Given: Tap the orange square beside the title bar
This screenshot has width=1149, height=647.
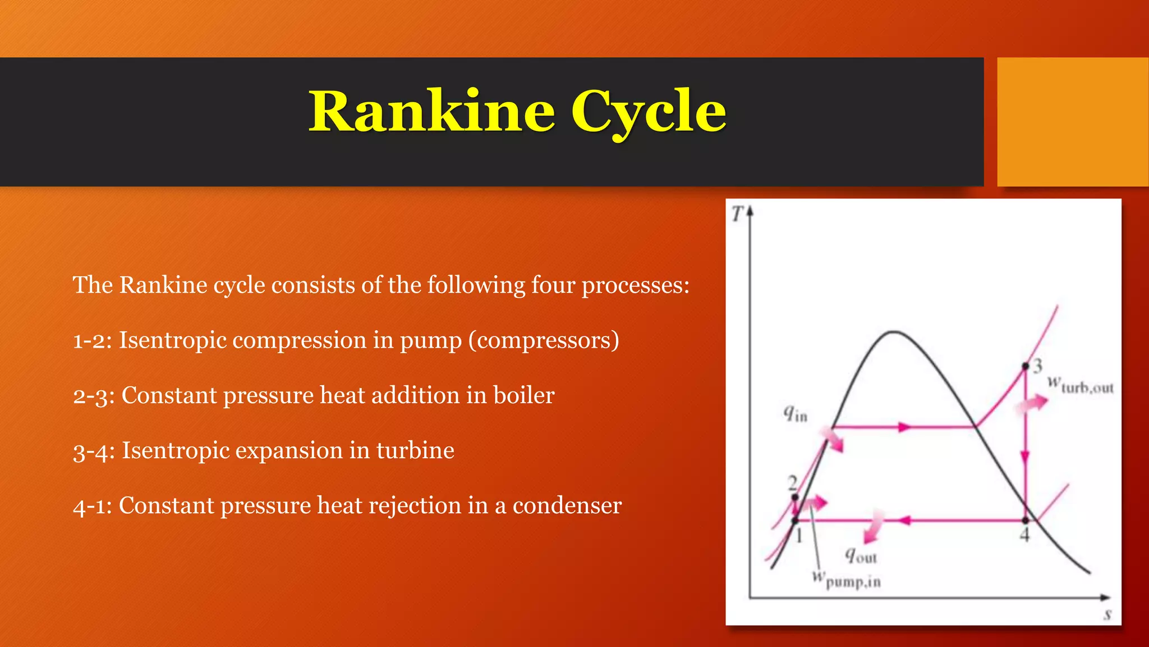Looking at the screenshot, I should click(x=1072, y=122).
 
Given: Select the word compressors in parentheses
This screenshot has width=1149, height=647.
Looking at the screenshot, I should click(x=544, y=340).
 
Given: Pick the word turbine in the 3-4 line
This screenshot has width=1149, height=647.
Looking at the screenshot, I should click(x=415, y=450).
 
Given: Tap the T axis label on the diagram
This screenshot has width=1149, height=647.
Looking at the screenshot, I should click(x=737, y=214).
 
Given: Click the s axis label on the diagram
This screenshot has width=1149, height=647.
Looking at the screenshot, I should click(x=1107, y=614).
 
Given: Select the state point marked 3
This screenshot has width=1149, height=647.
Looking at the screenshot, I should click(x=1026, y=366).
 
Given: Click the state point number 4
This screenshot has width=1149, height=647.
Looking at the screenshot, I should click(x=1024, y=535).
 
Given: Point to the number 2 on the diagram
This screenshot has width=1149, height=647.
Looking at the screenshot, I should click(x=792, y=482).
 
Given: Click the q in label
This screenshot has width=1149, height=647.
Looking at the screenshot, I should click(x=795, y=414).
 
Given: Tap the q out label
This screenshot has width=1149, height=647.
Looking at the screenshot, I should click(x=861, y=556).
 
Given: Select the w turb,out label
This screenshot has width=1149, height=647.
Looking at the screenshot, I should click(x=1080, y=386).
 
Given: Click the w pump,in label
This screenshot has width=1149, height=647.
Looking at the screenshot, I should click(x=846, y=579).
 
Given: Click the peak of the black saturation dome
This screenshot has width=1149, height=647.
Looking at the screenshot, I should click(x=893, y=332).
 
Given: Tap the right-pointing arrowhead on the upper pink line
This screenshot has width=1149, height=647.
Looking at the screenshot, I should click(x=904, y=427).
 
